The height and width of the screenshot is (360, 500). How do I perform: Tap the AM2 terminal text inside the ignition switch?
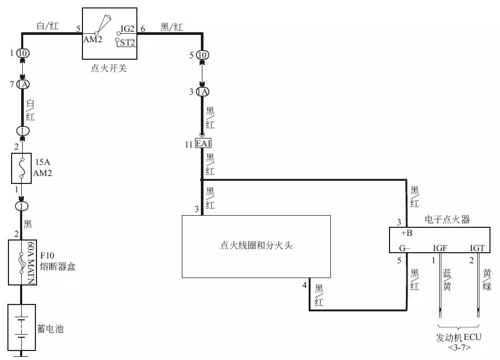pos(94,40)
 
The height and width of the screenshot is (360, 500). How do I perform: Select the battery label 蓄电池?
pos(50,329)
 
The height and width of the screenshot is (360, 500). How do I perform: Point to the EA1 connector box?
pos(203,143)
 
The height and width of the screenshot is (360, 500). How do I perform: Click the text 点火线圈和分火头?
pos(256,245)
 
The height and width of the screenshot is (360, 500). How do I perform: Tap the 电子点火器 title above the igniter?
pos(447,219)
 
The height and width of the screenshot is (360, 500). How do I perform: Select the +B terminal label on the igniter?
pos(406,233)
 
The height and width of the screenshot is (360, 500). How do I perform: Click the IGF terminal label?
pos(440,247)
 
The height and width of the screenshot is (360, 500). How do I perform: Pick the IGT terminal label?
pos(477,247)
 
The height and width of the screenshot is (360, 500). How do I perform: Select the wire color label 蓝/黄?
pos(447,280)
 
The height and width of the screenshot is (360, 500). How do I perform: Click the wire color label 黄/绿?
pos(487,280)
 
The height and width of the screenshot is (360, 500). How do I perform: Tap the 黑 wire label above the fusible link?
pos(28,224)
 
